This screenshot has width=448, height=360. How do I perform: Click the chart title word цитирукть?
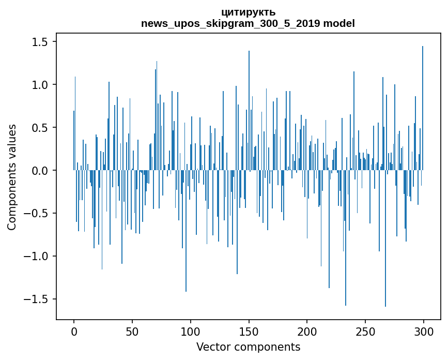[x=248, y=12]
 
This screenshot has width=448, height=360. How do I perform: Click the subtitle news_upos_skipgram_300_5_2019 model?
[x=248, y=23]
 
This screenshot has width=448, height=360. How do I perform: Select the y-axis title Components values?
[x=12, y=177]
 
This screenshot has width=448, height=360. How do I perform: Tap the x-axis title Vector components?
[x=248, y=347]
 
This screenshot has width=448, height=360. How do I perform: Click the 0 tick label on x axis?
[x=74, y=331]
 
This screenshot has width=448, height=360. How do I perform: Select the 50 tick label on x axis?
[x=132, y=331]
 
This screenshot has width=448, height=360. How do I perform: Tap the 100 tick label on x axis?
[x=191, y=331]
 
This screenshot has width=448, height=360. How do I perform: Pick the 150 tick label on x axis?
[x=249, y=331]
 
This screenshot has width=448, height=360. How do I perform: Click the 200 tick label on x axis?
[x=307, y=331]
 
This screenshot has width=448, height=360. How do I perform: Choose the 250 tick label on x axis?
[x=365, y=331]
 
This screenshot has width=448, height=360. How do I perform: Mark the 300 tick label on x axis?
[x=424, y=331]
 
